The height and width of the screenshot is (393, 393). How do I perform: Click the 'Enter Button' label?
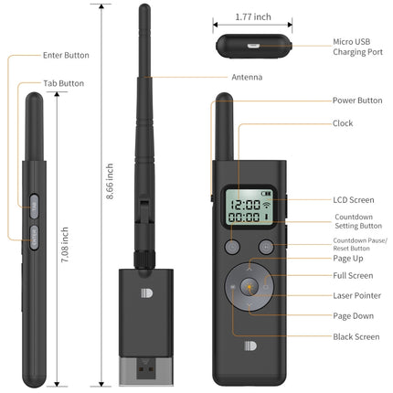[66, 56]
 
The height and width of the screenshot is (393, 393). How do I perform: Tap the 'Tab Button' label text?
[64, 83]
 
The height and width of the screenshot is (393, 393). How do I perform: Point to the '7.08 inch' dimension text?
[64, 246]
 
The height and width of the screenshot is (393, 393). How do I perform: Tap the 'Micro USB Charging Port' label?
[356, 47]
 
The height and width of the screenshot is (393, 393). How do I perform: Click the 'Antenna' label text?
[246, 78]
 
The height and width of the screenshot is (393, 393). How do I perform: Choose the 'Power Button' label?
[357, 101]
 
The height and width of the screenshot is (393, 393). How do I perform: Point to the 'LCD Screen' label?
[352, 199]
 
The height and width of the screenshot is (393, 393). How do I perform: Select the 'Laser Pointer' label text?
[356, 295]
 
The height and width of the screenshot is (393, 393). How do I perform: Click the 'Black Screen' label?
[356, 336]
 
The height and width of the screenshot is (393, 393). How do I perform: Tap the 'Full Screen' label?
[352, 275]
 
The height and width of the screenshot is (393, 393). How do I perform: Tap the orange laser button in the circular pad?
[249, 286]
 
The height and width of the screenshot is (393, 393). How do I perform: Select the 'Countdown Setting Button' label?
[357, 221]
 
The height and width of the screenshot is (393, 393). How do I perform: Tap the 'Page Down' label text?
[352, 315]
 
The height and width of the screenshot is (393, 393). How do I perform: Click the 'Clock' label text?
[343, 122]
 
